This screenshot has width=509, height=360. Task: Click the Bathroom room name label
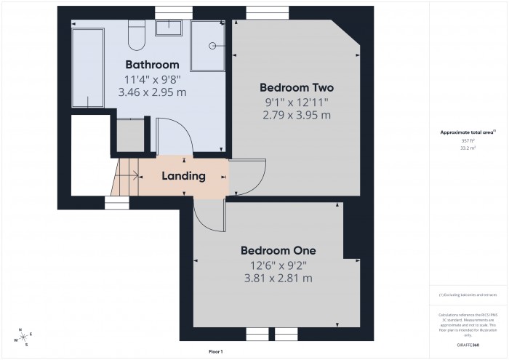tap(152, 64)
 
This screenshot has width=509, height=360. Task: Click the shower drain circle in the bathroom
tap(213, 45)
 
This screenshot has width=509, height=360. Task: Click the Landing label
tap(183, 176)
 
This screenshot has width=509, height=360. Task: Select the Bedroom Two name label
tap(297, 88)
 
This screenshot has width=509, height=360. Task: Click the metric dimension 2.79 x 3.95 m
tap(297, 115)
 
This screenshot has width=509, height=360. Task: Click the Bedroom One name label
tap(278, 250)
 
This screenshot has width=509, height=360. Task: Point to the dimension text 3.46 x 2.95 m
tap(152, 92)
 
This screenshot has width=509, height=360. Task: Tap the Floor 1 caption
tap(215, 351)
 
